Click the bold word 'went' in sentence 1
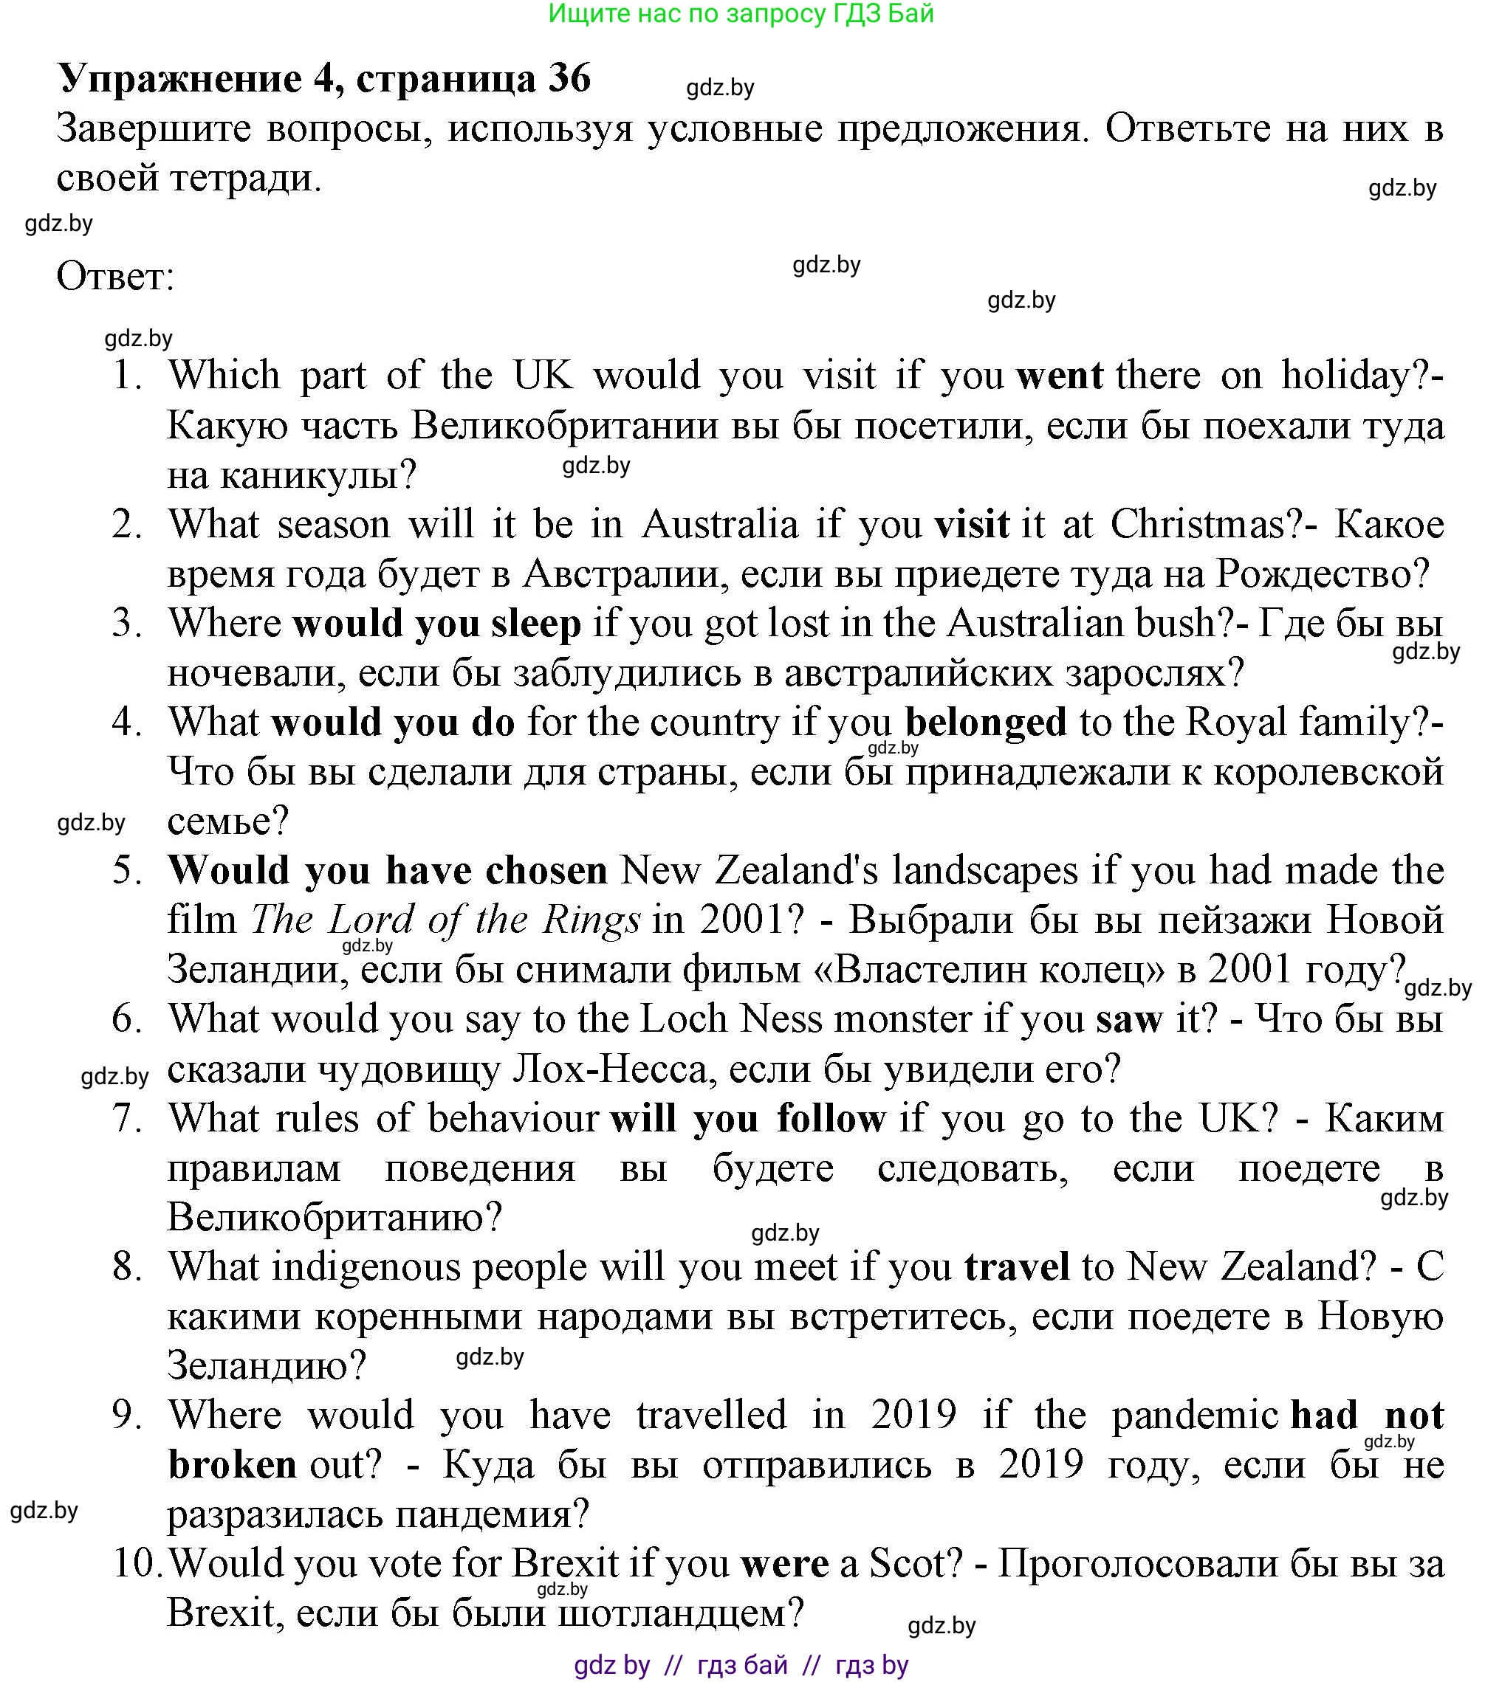click(1060, 377)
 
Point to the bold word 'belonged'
click(985, 723)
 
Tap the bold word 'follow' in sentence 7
click(831, 1119)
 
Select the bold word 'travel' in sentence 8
click(1017, 1268)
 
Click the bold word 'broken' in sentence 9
click(232, 1466)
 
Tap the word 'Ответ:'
click(115, 277)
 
